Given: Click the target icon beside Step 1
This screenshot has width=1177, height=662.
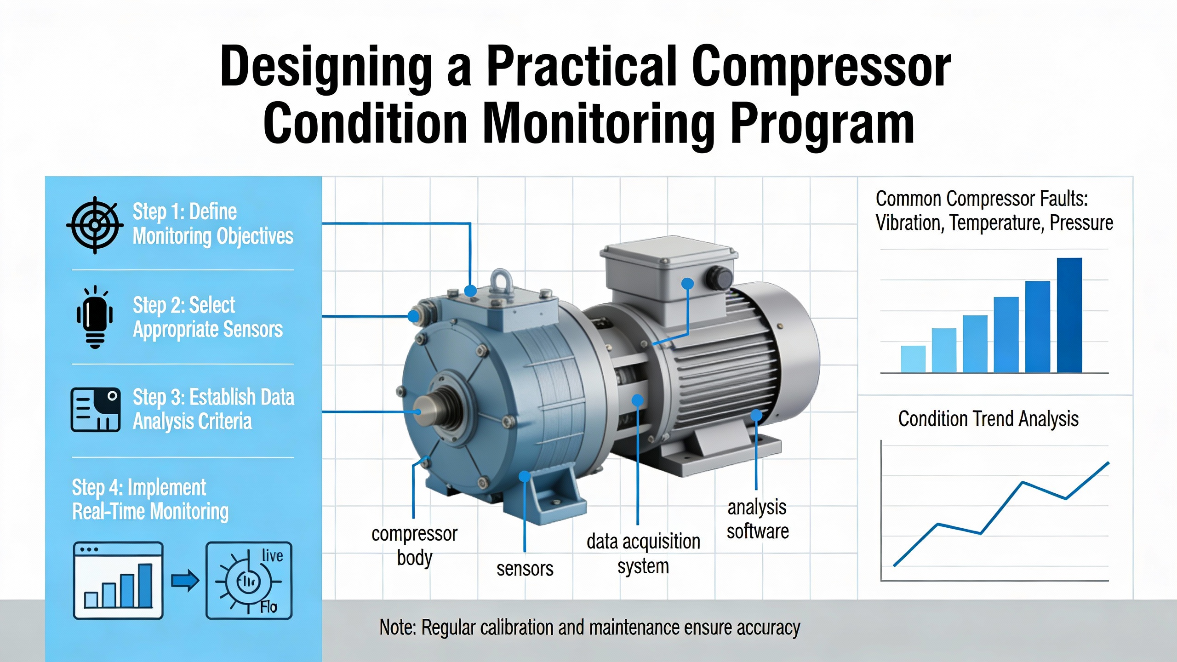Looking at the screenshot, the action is (x=95, y=225).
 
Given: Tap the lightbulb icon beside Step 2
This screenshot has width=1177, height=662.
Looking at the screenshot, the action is (x=95, y=317).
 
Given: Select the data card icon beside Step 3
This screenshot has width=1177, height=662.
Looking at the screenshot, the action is (x=96, y=410).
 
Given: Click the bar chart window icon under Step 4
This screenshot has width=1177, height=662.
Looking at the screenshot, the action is (x=118, y=580).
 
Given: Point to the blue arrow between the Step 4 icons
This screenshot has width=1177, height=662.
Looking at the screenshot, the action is (x=185, y=581).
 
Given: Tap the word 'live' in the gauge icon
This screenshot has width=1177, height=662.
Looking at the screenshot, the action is (x=272, y=555).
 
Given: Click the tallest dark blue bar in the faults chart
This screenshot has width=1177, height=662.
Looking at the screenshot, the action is (x=1069, y=315).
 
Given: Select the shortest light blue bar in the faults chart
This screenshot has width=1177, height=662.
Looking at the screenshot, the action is (x=913, y=359).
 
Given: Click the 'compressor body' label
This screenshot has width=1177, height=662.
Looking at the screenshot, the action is (x=414, y=546).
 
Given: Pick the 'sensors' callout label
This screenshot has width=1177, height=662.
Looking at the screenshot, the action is (x=525, y=569).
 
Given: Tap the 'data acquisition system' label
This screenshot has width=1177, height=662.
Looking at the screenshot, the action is (x=643, y=554).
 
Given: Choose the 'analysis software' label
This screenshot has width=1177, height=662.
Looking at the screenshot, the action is (x=758, y=519).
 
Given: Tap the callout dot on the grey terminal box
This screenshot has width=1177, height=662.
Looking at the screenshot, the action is (x=687, y=284).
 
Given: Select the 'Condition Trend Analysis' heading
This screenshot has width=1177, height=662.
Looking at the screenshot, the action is (x=988, y=419).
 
